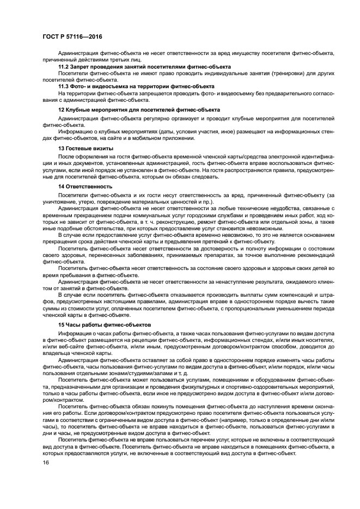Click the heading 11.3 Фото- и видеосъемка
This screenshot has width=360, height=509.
coord(136,87)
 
